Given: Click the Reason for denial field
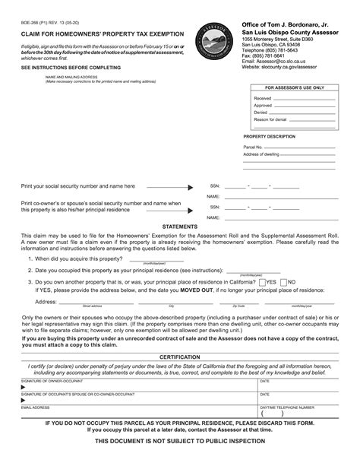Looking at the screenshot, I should click(x=311, y=119).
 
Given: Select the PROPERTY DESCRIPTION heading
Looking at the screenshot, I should click(x=269, y=136).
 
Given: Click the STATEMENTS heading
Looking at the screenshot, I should click(x=180, y=227).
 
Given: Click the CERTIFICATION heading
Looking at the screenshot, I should click(x=180, y=356).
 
